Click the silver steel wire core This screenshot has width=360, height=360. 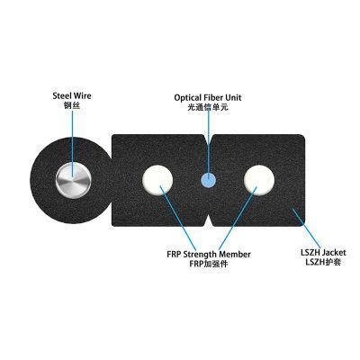tap(74, 181)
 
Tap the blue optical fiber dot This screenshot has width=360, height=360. tap(208, 180)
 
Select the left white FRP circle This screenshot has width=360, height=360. tap(157, 180)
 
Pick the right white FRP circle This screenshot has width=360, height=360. tap(259, 180)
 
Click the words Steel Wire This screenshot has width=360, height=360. tap(72, 96)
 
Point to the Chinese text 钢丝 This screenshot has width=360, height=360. tap(72, 105)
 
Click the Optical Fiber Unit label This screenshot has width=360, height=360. tap(208, 97)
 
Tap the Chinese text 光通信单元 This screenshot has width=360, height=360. tap(208, 107)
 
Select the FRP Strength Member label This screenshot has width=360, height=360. tap(209, 255)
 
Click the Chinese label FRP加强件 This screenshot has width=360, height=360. tap(209, 264)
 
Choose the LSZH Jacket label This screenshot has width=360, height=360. tap(323, 253)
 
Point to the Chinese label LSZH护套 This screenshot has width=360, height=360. tap(323, 262)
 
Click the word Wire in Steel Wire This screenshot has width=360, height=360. tap(82, 96)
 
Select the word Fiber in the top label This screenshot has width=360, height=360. tap(211, 97)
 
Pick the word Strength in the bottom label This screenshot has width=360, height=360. tap(200, 255)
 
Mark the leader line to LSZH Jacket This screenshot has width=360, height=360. tap(306, 228)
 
